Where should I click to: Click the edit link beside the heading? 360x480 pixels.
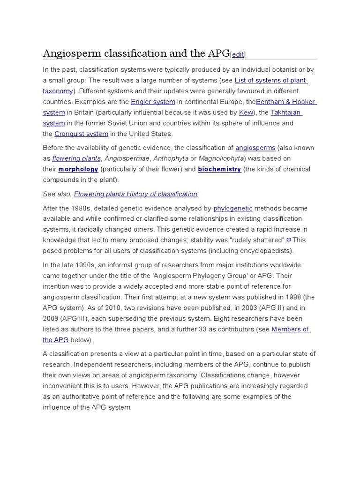tap(238, 55)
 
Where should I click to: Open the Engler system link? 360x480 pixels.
tap(153, 102)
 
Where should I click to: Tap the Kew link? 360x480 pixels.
tap(246, 112)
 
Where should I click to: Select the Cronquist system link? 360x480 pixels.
tap(81, 134)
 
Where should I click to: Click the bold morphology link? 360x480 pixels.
tap(78, 169)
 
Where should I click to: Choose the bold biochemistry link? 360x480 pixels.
tap(219, 169)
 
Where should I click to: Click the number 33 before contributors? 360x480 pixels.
tap(225, 329)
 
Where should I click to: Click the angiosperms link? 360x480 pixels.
tap(255, 148)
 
